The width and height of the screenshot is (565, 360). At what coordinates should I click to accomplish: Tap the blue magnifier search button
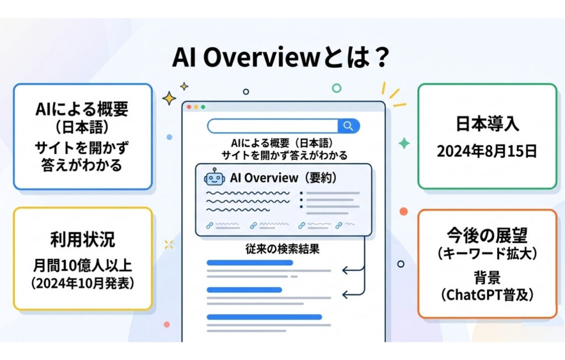[x=348, y=126]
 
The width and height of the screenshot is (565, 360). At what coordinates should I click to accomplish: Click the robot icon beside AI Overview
[x=215, y=179]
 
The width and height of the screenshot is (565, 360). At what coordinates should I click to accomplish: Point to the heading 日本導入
[x=487, y=123]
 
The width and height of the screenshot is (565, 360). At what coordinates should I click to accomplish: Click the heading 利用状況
[x=82, y=239]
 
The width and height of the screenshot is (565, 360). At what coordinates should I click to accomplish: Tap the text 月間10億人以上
[x=82, y=266]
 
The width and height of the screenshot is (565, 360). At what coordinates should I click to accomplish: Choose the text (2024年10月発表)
[x=82, y=284]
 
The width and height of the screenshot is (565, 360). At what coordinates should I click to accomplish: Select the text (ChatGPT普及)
[x=487, y=295]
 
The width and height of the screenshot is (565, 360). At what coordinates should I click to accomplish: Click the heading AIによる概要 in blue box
[x=82, y=109]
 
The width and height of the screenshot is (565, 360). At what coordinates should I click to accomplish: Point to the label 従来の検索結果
[x=283, y=249]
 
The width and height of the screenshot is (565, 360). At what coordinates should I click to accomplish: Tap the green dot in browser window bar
[x=202, y=106]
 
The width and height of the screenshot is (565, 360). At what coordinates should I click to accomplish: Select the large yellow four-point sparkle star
[x=169, y=98]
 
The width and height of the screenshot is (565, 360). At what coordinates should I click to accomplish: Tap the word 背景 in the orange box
[x=487, y=277]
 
